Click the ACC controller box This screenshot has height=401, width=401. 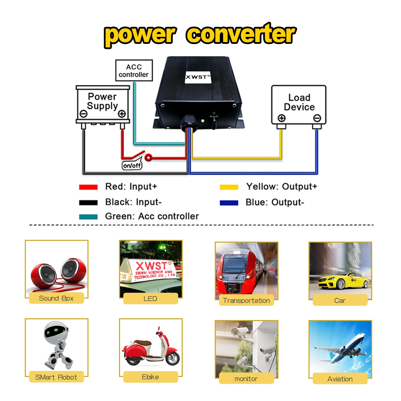coord(134,70)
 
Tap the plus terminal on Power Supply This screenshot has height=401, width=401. coord(122,114)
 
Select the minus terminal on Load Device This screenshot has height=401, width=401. coord(317,118)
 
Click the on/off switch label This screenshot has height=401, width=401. coord(132,165)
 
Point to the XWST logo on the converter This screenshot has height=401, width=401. coord(198,77)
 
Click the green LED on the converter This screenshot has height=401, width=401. coord(203,121)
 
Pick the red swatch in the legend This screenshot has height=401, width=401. coord(88,187)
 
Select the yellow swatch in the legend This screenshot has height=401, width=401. coord(229,187)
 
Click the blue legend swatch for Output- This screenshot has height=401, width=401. coord(229,203)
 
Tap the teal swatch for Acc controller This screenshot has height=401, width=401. coord(88,217)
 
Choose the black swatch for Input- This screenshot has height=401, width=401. coord(88,203)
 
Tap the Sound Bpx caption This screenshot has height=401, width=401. coord(56,298)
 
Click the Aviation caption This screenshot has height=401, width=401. coord(340,379)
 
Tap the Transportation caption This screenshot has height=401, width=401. coord(246,300)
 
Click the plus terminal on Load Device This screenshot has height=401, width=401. coord(281,118)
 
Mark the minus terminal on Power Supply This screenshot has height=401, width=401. coord(83,114)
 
